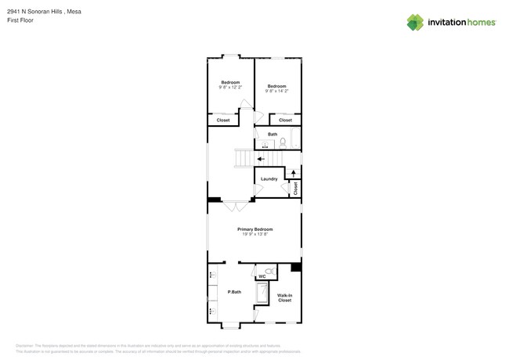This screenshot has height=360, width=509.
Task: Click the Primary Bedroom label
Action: point(255,229)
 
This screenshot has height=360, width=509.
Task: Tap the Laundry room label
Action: point(269,179)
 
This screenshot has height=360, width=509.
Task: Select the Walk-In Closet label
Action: point(284,297)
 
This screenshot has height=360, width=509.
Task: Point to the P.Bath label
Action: point(233,292)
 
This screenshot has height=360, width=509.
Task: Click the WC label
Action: point(263,276)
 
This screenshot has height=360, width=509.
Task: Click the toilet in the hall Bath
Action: point(283,142)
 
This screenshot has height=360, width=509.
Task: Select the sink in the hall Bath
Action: point(264,145)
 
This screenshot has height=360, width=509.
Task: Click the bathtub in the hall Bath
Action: point(296,139)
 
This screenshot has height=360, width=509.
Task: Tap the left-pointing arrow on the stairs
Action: point(262,159)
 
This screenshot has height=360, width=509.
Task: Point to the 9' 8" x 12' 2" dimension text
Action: point(230,87)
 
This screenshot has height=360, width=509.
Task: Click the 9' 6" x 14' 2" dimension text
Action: point(277,91)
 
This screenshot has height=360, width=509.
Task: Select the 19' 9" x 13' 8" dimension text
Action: point(255,234)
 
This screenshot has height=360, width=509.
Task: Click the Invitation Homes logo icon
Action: point(416,22)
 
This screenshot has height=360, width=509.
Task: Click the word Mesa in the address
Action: point(74,12)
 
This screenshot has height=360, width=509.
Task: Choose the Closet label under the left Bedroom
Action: point(223,121)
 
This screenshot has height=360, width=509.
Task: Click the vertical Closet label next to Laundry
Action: point(295,189)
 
